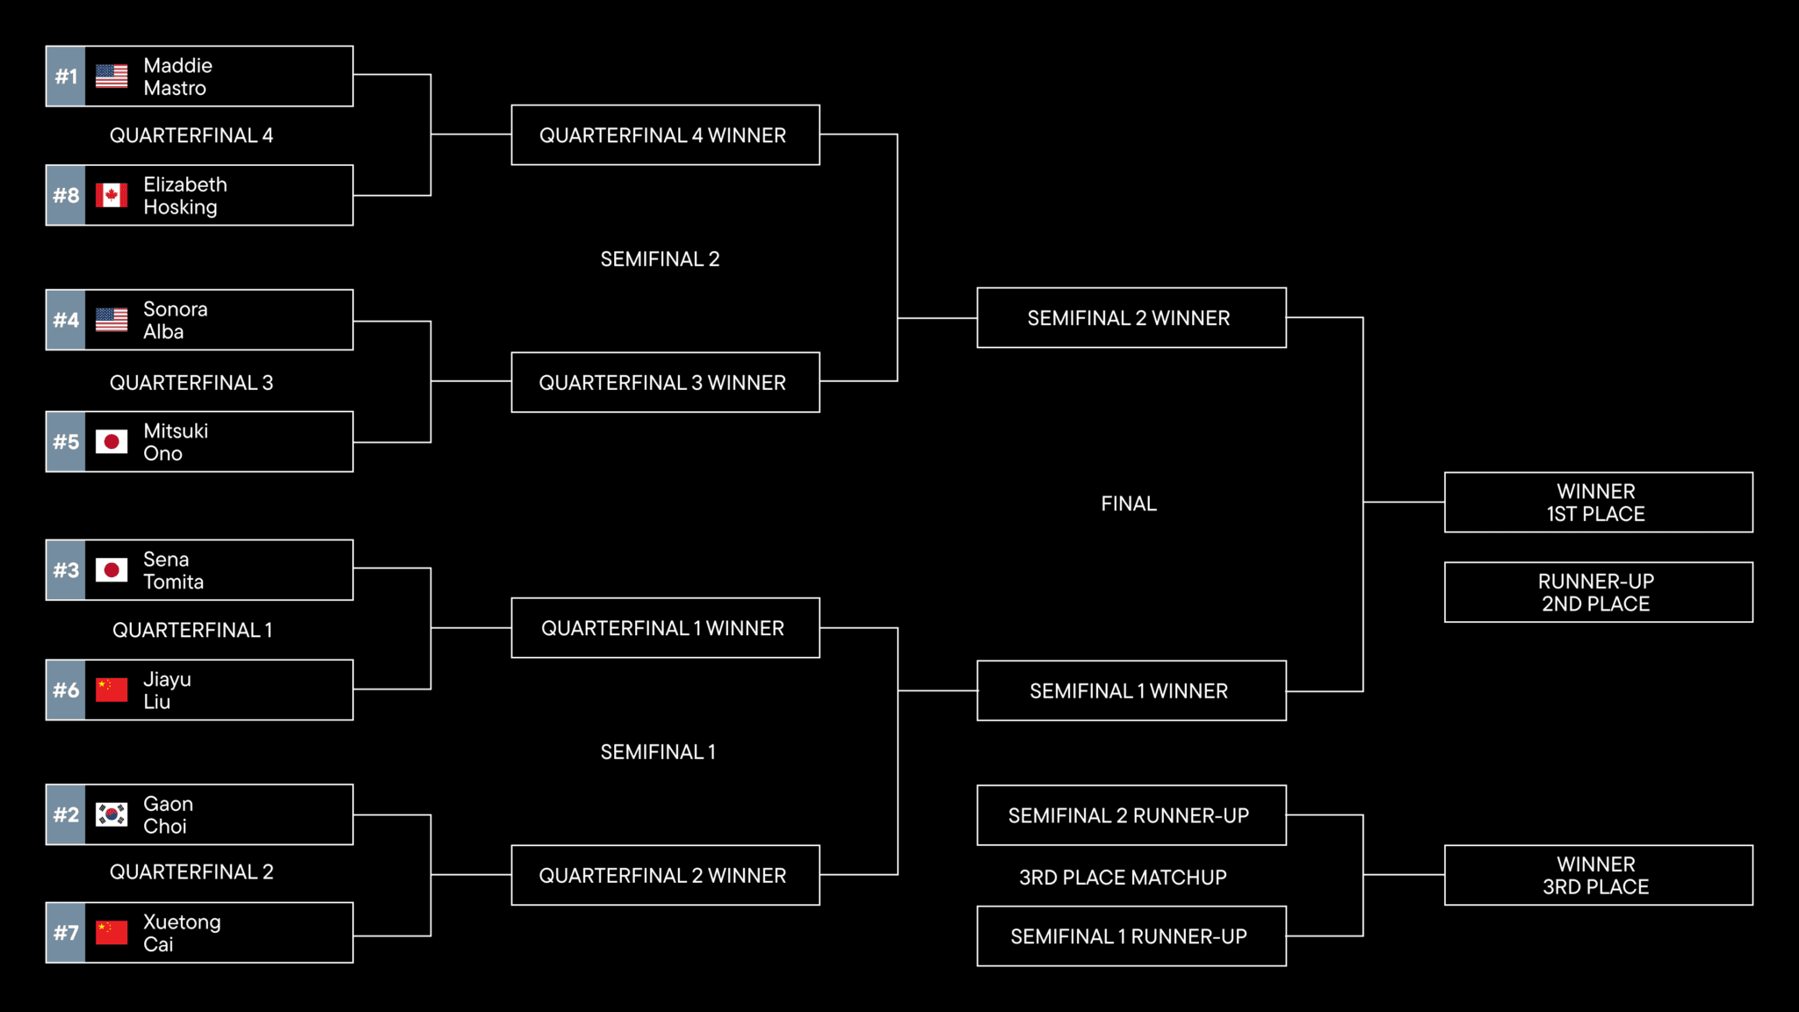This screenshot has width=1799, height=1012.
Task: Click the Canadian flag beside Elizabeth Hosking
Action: pyautogui.click(x=112, y=195)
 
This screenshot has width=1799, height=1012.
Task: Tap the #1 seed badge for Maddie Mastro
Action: pyautogui.click(x=66, y=76)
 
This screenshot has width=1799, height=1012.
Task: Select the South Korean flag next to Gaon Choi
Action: pyautogui.click(x=112, y=814)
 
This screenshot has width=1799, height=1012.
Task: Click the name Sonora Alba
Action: pyautogui.click(x=176, y=321)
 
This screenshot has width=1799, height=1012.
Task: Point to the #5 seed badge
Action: pyautogui.click(x=66, y=442)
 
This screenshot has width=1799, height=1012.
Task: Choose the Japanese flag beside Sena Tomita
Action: pyautogui.click(x=112, y=570)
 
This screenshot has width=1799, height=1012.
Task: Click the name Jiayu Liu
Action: pyautogui.click(x=167, y=690)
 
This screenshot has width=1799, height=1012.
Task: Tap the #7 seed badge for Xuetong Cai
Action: pyautogui.click(x=66, y=933)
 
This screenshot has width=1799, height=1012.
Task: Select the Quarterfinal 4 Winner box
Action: pyautogui.click(x=665, y=135)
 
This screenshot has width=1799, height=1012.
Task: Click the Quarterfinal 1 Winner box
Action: pyautogui.click(x=665, y=628)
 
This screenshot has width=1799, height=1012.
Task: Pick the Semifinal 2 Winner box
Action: pyautogui.click(x=1131, y=318)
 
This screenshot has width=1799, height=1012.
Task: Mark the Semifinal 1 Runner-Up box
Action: pyautogui.click(x=1131, y=936)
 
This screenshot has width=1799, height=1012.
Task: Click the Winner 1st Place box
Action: pyautogui.click(x=1598, y=502)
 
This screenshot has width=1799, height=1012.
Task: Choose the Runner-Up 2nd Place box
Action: pyautogui.click(x=1598, y=592)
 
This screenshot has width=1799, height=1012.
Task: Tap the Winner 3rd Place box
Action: pyautogui.click(x=1598, y=875)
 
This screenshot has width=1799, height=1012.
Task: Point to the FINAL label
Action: pyautogui.click(x=1129, y=503)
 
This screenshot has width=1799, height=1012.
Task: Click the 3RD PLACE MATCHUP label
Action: pyautogui.click(x=1123, y=878)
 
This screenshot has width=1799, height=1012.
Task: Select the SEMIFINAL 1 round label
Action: pyautogui.click(x=658, y=752)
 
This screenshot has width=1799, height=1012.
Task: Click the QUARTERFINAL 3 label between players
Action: pyautogui.click(x=191, y=383)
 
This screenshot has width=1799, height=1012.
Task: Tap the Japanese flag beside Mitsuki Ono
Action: pyautogui.click(x=112, y=442)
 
